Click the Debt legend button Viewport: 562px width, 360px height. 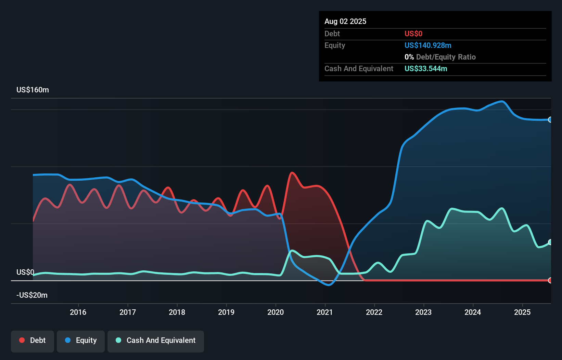click(x=33, y=341)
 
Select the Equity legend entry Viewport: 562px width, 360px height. click(x=81, y=341)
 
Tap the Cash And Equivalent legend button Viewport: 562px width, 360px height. click(x=156, y=341)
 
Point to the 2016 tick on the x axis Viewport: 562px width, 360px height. click(x=78, y=312)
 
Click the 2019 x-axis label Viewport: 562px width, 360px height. click(x=226, y=312)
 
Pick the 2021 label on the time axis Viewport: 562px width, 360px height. click(x=325, y=312)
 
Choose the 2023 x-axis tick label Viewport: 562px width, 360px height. click(x=423, y=312)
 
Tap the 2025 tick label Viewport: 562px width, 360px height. click(x=522, y=312)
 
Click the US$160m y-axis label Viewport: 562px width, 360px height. click(x=33, y=90)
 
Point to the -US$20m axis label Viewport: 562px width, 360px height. click(x=32, y=295)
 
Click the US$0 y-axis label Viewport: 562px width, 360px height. click(x=25, y=272)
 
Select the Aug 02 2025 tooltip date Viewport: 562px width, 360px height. click(x=345, y=22)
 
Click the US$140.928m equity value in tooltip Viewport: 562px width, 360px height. click(x=428, y=46)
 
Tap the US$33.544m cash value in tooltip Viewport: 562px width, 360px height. click(x=426, y=69)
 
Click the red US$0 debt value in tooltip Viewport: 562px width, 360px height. click(x=413, y=34)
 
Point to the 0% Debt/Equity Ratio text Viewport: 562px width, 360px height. click(x=440, y=57)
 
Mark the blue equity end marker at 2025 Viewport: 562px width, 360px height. click(x=550, y=120)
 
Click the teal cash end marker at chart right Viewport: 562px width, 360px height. click(x=550, y=242)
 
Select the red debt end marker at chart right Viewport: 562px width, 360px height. click(x=550, y=280)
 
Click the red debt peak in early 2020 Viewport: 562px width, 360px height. click(x=292, y=173)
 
